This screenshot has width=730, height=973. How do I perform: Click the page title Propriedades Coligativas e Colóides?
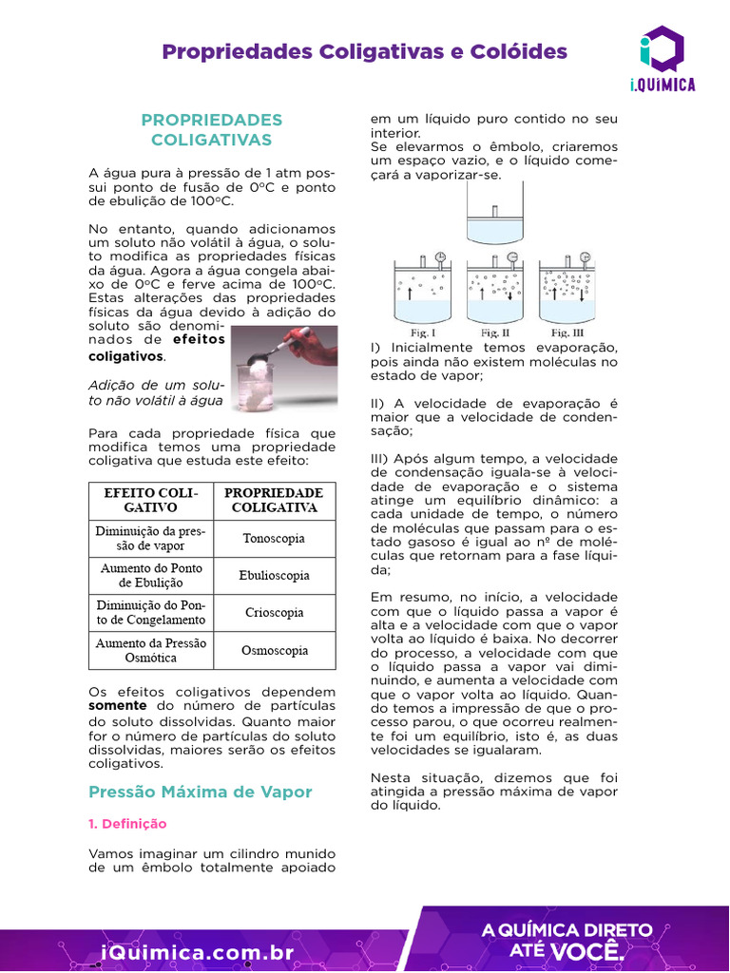pyautogui.click(x=364, y=51)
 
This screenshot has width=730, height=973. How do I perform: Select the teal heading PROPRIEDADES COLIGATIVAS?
pyautogui.click(x=211, y=130)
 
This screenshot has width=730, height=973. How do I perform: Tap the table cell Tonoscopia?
pyautogui.click(x=273, y=539)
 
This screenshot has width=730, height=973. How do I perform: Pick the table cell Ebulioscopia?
pyautogui.click(x=273, y=576)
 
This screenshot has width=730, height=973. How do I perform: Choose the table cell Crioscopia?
pyautogui.click(x=273, y=613)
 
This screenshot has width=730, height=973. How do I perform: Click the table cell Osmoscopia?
pyautogui.click(x=273, y=651)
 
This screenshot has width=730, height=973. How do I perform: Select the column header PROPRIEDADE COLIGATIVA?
pyautogui.click(x=273, y=500)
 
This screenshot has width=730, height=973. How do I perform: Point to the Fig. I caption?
pyautogui.click(x=423, y=334)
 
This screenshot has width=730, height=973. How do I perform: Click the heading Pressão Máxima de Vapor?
pyautogui.click(x=200, y=792)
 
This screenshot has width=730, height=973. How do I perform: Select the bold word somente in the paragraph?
pyautogui.click(x=117, y=706)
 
